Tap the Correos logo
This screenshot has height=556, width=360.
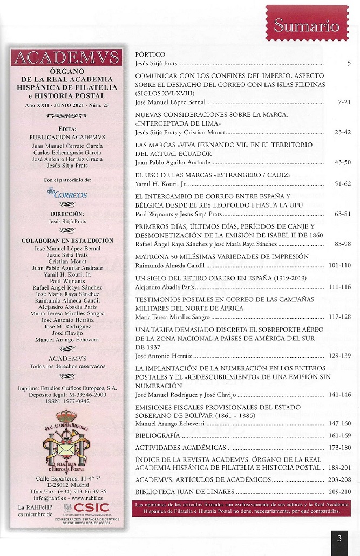pyautogui.click(x=67, y=193)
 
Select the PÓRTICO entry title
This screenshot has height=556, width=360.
pyautogui.click(x=150, y=55)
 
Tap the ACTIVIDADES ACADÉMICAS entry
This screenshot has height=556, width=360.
pyautogui.click(x=180, y=448)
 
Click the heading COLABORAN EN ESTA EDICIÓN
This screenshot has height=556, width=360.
pyautogui.click(x=67, y=241)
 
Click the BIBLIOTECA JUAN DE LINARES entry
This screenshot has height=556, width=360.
pyautogui.click(x=185, y=491)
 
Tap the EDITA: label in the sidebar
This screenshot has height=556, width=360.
pyautogui.click(x=67, y=129)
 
